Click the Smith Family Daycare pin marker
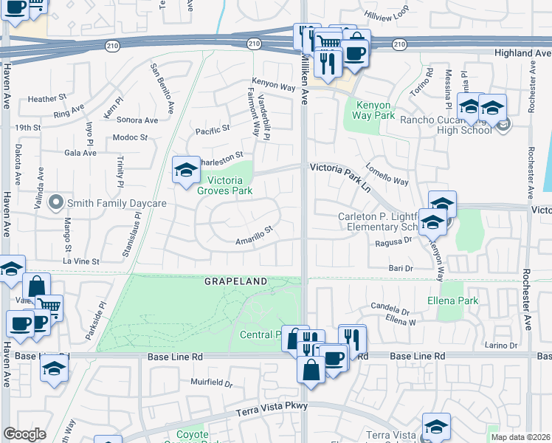point(55,202)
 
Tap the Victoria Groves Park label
point(224,185)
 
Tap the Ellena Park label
point(452,301)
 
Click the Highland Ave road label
point(523,53)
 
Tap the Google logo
point(24,434)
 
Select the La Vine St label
point(80,261)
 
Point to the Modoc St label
point(131,137)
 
